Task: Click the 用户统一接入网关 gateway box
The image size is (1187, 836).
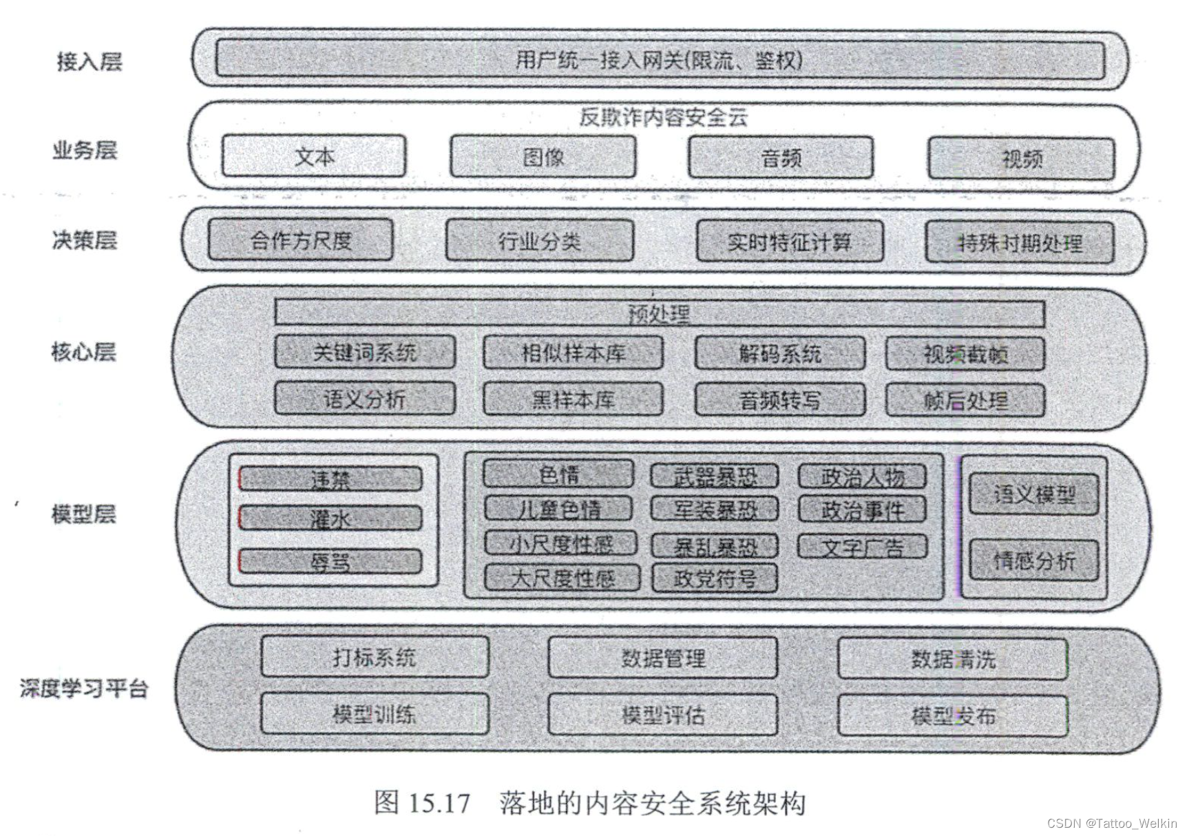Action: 659,60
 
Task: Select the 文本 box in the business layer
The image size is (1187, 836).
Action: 314,156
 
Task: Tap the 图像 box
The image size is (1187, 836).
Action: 543,157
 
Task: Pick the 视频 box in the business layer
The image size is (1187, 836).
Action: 1021,159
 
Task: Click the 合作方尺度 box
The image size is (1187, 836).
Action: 301,240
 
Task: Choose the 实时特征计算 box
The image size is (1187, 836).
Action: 789,242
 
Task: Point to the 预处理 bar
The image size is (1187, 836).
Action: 659,313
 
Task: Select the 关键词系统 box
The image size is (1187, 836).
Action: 364,353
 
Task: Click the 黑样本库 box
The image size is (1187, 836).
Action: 573,399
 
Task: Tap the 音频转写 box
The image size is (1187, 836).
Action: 779,399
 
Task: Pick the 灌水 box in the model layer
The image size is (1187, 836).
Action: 330,519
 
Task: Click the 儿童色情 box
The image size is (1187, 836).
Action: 558,509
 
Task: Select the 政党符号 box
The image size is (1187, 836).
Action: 714,578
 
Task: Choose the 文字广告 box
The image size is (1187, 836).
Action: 862,547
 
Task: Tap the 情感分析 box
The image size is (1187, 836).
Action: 1033,561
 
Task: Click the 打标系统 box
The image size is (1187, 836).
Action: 375,657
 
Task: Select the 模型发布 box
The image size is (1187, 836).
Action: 953,715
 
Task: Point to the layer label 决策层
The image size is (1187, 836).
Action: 84,240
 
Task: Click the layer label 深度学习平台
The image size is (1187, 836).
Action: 84,688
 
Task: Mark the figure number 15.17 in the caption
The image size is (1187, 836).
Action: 439,803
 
